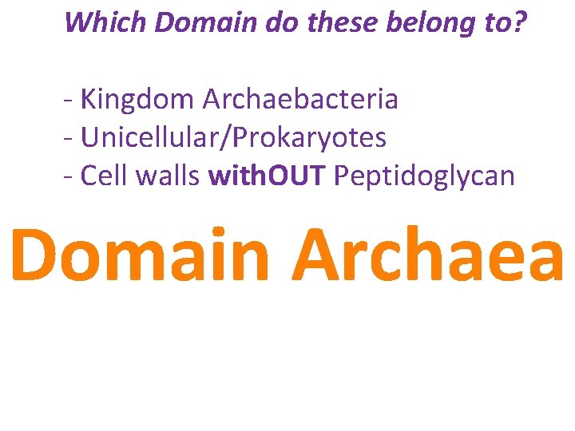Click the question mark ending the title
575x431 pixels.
click(x=521, y=22)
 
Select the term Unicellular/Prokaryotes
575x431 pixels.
click(x=234, y=138)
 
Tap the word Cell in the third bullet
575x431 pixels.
click(x=105, y=176)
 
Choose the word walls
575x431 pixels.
click(x=167, y=176)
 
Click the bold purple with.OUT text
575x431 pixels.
click(x=267, y=176)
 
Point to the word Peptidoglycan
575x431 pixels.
click(x=424, y=176)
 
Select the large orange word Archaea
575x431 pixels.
click(x=428, y=255)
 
